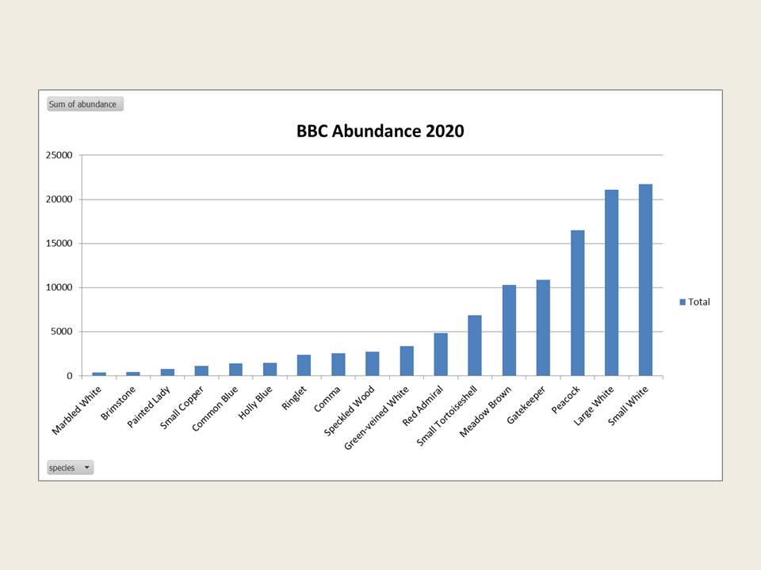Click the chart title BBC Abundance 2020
tap(380, 131)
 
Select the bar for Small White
tap(645, 280)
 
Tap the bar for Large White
tap(611, 283)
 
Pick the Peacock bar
tap(577, 303)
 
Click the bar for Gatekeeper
tap(543, 328)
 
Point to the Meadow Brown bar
tap(509, 330)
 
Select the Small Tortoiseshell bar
tap(475, 345)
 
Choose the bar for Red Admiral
tap(441, 355)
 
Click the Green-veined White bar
tap(407, 361)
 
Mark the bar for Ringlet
tap(304, 365)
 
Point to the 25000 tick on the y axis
tap(59, 155)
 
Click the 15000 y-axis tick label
tap(59, 244)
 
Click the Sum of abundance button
tap(85, 104)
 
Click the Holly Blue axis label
tap(259, 401)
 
